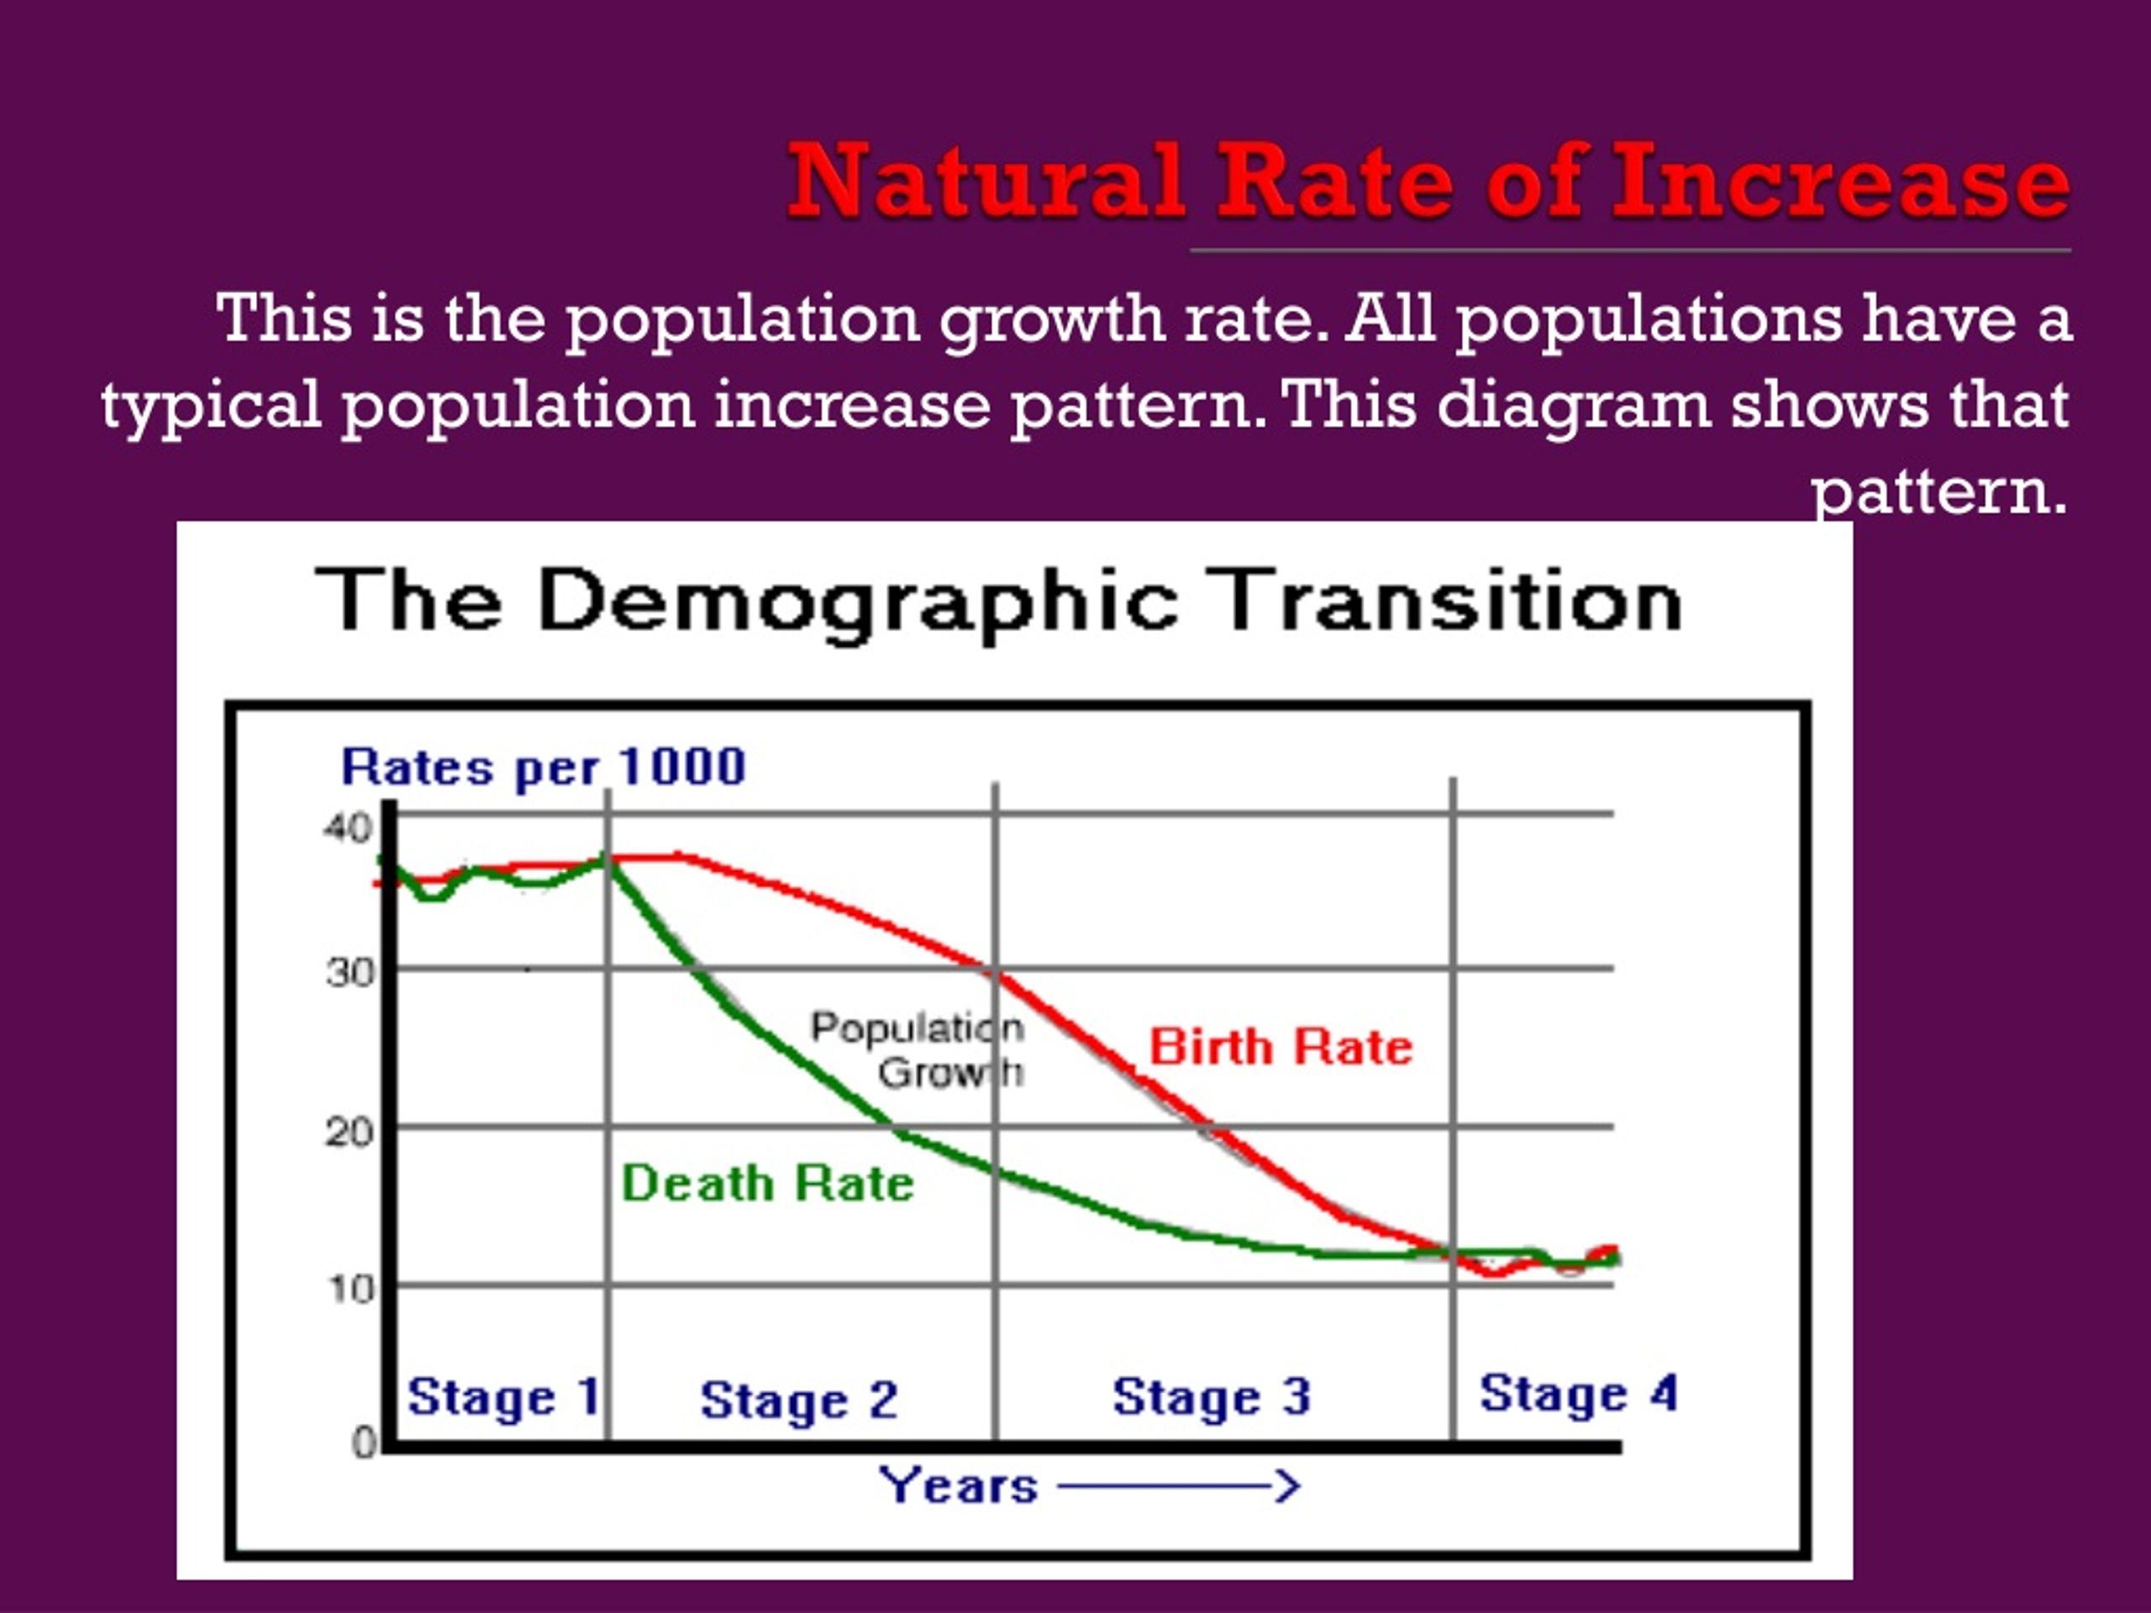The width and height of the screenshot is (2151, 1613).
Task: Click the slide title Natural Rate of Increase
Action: [x=1428, y=181]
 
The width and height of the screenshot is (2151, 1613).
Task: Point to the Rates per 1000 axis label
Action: [x=544, y=768]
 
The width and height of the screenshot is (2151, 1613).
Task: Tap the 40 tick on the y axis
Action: [x=347, y=828]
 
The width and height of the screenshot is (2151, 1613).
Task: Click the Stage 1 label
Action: [x=502, y=1398]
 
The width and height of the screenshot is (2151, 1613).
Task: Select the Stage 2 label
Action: [x=798, y=1401]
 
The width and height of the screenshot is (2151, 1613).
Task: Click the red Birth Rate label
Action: [x=1281, y=1047]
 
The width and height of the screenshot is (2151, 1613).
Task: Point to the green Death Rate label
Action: [x=767, y=1183]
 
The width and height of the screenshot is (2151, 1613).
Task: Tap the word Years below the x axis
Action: [x=959, y=1485]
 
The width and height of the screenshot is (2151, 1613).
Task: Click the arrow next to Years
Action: [x=1179, y=1485]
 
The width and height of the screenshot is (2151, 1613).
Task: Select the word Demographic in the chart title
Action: [x=858, y=604]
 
